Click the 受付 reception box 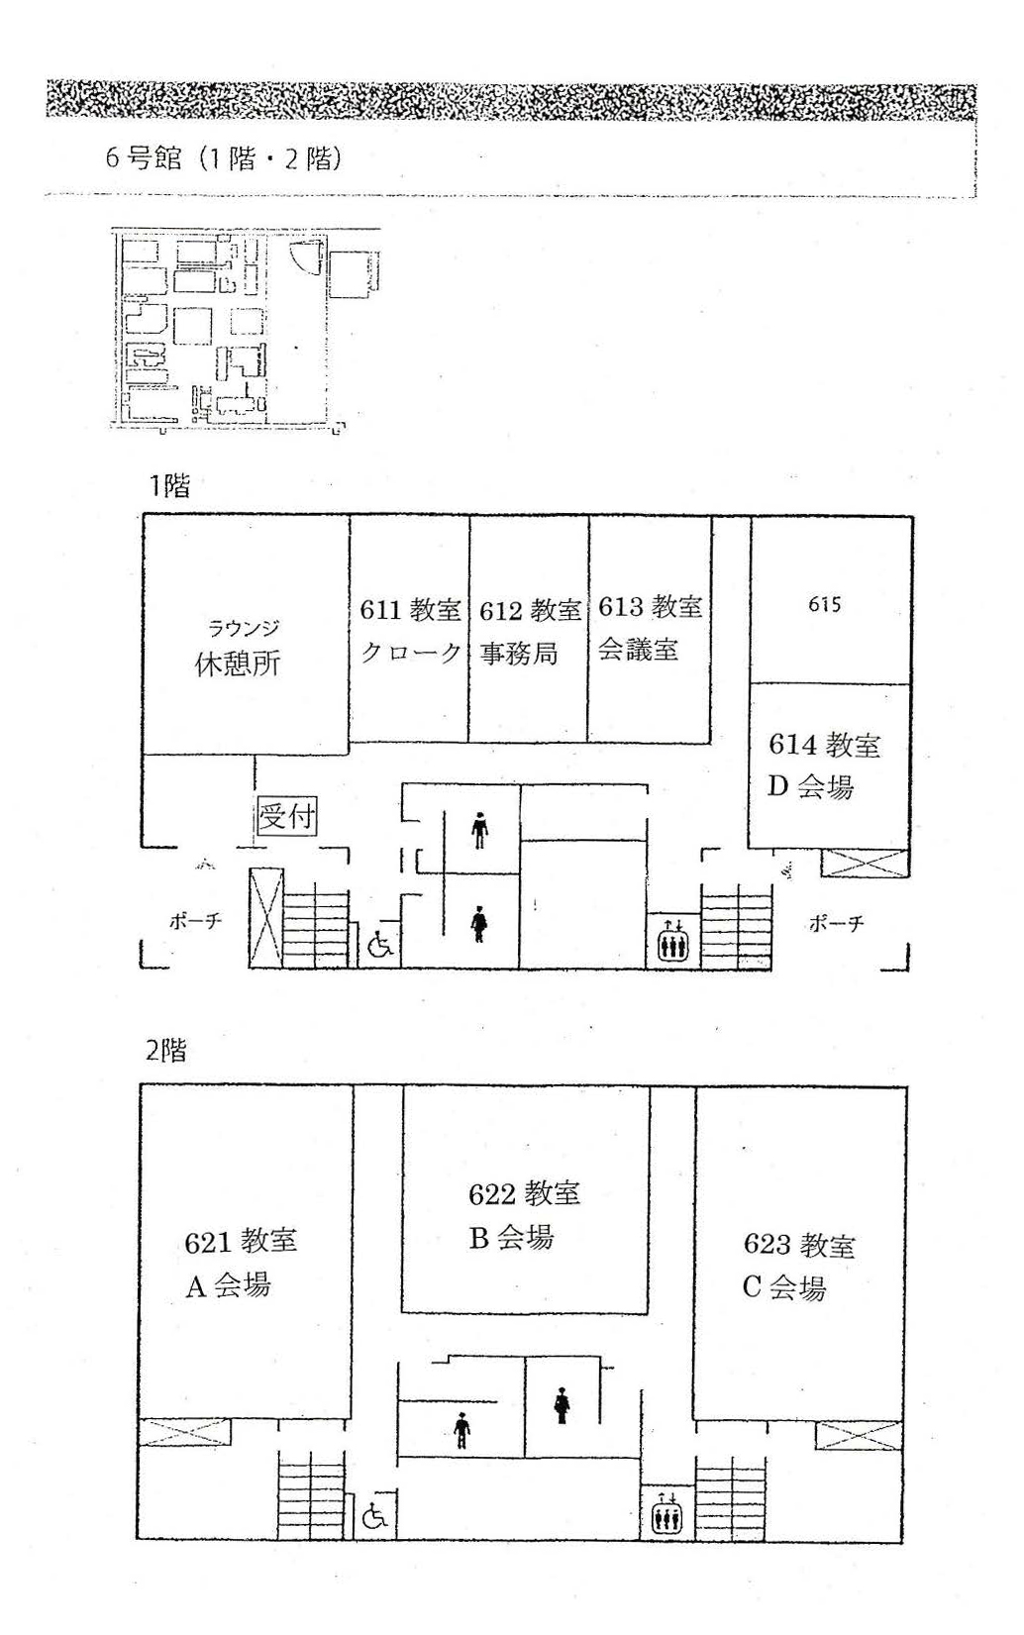coord(287,816)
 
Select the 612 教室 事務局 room coord(529,629)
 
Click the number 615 coord(825,604)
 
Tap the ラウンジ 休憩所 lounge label coord(239,648)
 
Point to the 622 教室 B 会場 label coord(524,1215)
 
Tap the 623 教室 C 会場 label coord(798,1267)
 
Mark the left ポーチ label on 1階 coord(195,921)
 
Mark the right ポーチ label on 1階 coord(837,924)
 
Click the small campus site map coord(246,330)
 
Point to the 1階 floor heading coord(170,486)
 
